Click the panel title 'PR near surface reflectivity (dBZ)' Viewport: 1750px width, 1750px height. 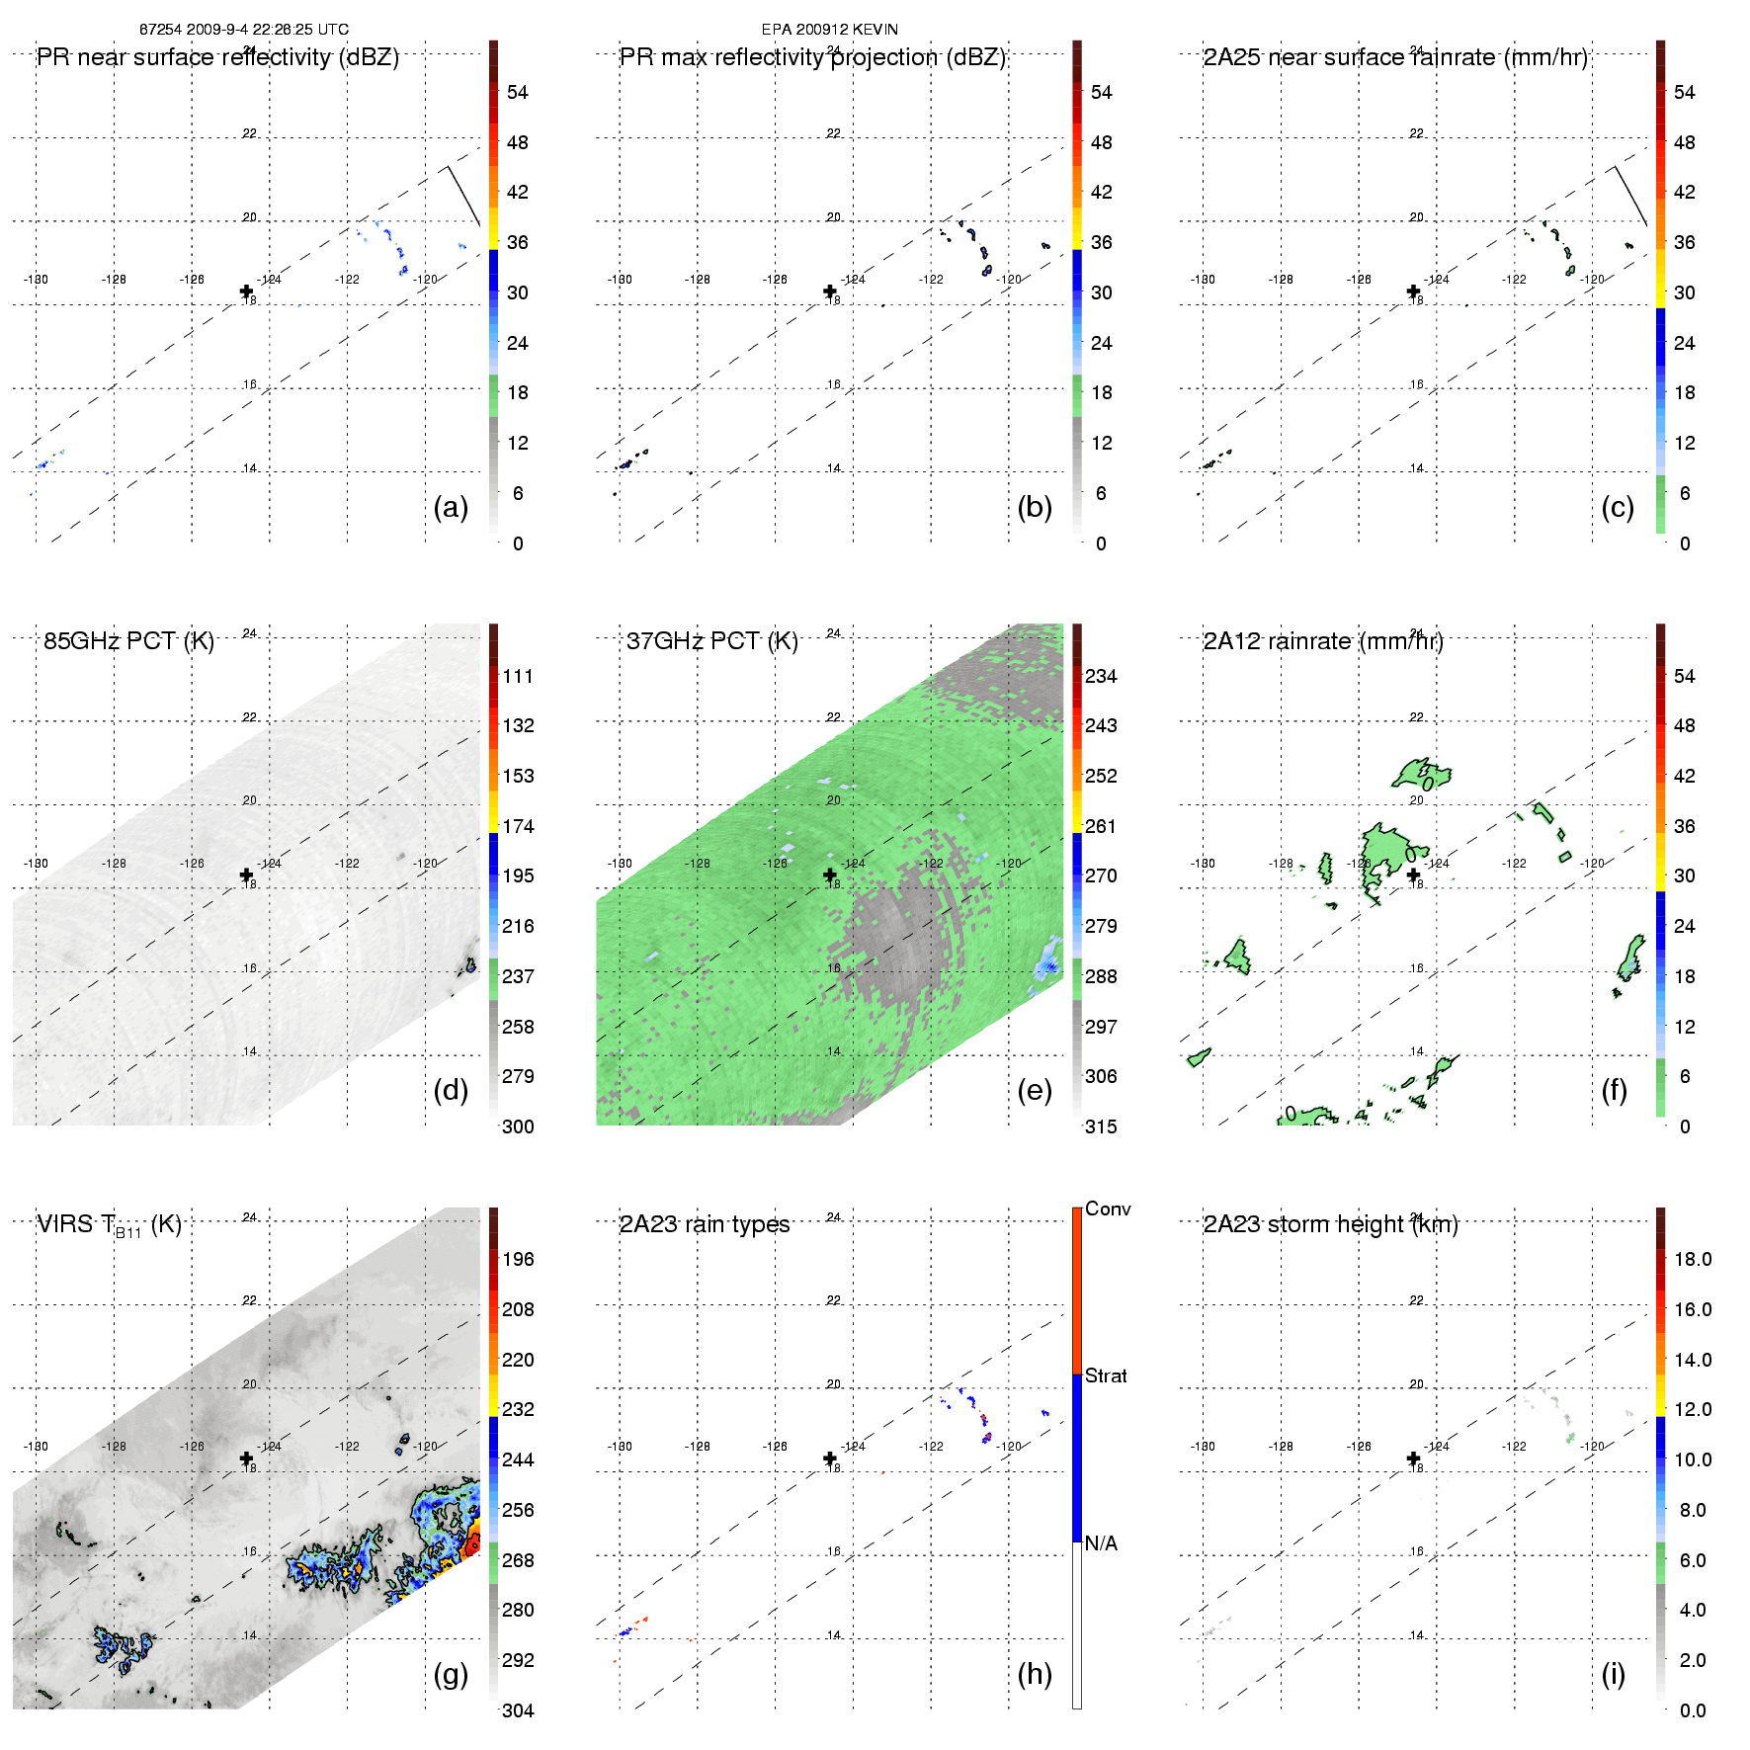(217, 57)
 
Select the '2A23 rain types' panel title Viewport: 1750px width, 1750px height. (704, 1224)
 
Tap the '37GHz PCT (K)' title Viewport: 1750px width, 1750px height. (711, 641)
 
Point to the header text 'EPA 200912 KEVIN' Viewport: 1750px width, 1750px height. (829, 30)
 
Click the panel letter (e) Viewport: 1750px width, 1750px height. (1034, 1090)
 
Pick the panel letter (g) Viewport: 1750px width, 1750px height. (451, 1673)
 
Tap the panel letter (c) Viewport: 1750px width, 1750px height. (1617, 507)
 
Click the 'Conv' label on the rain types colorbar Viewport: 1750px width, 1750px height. (1107, 1208)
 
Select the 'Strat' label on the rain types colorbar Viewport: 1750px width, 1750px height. (1105, 1375)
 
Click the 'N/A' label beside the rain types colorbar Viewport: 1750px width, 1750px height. (1101, 1543)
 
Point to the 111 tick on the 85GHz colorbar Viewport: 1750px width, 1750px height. (518, 676)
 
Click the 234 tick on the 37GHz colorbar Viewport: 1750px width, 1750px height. (1101, 676)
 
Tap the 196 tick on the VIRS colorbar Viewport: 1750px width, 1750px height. (518, 1259)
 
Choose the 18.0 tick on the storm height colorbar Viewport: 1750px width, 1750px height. (1692, 1259)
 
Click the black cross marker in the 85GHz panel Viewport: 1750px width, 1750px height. (246, 875)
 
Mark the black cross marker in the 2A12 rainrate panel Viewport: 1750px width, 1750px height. (1413, 875)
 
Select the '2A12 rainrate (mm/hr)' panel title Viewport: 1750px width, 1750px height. (1322, 641)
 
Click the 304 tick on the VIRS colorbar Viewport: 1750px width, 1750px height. (518, 1710)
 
